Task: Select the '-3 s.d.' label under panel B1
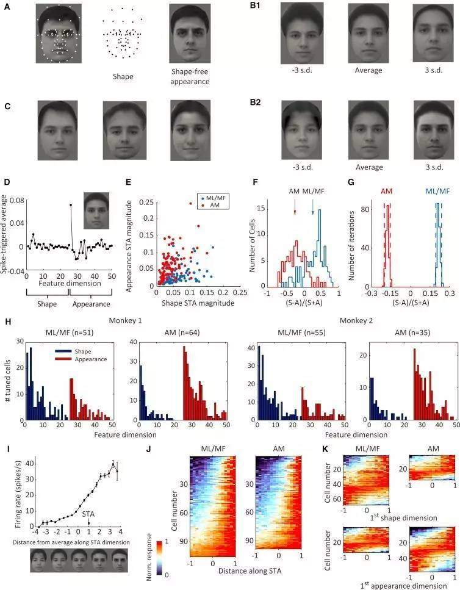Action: point(303,70)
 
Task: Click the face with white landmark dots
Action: point(58,34)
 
